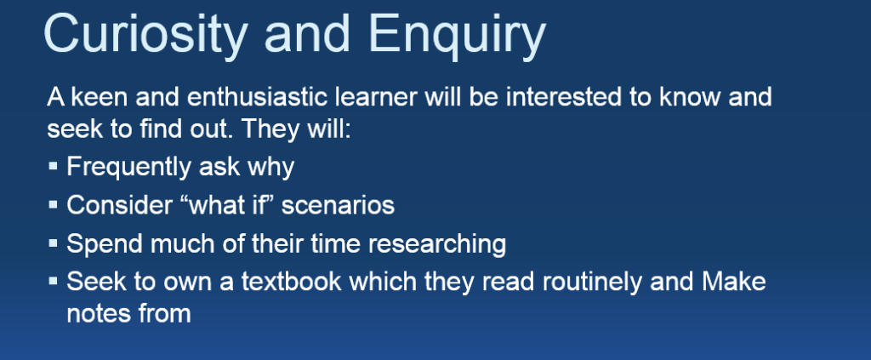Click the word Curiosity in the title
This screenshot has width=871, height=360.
tap(145, 34)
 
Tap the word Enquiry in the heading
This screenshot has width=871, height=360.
tap(457, 34)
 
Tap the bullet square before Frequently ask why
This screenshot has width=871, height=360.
tap(54, 166)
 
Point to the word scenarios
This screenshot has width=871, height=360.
tap(338, 205)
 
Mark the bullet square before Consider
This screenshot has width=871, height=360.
tap(54, 204)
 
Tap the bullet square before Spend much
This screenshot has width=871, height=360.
tap(54, 243)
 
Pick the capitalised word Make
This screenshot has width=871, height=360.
tap(734, 282)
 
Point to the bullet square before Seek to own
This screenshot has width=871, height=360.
tap(54, 281)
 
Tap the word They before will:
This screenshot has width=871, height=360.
tap(269, 129)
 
